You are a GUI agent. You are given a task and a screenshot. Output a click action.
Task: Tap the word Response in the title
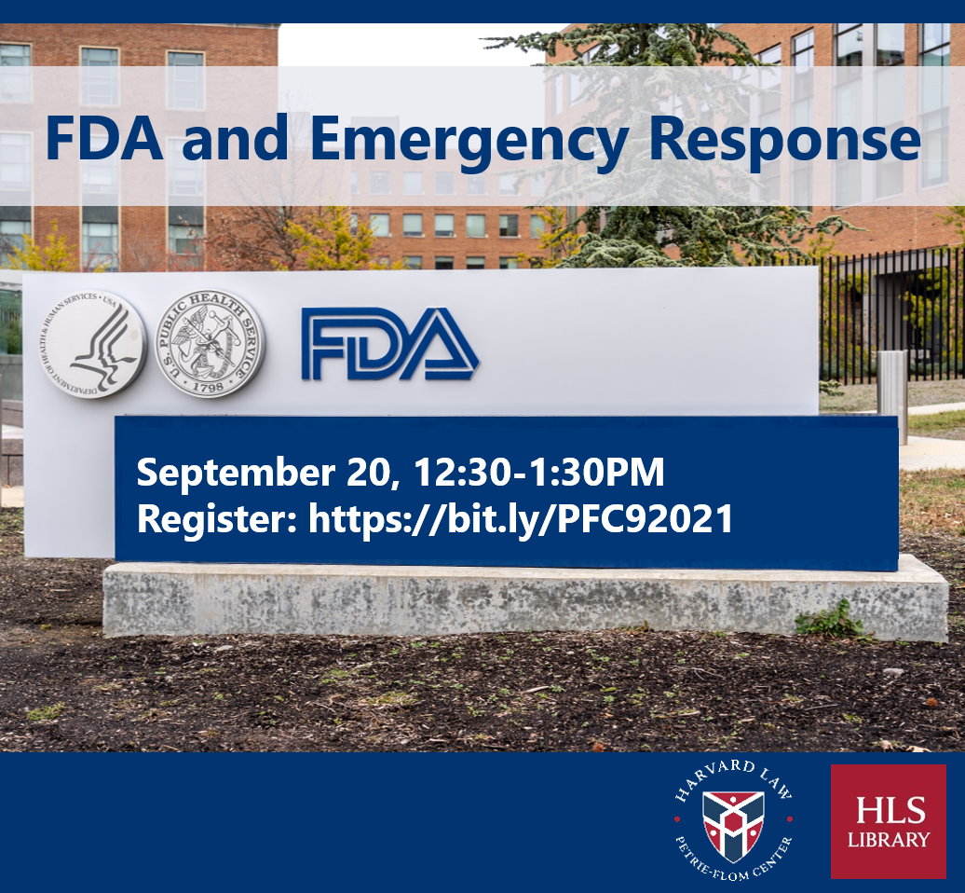pos(784,141)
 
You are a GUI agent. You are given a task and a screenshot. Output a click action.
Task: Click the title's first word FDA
pos(104,138)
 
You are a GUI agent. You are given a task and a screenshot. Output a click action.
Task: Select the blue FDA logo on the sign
pos(389,343)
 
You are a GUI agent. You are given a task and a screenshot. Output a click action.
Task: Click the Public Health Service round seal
pos(210,343)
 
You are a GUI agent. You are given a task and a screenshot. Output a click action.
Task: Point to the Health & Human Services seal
pos(93,344)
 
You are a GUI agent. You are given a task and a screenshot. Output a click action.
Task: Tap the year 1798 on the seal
pos(209,387)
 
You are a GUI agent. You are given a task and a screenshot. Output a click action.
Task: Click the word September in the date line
pos(236,473)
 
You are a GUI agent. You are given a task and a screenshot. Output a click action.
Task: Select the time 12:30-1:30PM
pos(539,473)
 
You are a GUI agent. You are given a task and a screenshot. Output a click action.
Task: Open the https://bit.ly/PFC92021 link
pos(521,519)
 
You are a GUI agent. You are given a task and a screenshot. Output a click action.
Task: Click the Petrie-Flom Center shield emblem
pos(733,825)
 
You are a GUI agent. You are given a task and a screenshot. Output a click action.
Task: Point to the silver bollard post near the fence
pos(892,395)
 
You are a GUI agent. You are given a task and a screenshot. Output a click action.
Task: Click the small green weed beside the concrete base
pos(829,620)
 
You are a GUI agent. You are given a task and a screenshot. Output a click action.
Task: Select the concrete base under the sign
pos(525,601)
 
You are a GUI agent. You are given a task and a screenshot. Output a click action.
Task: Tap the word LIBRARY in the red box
pos(888,840)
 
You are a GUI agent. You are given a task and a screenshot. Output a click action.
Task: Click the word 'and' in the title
pos(235,138)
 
